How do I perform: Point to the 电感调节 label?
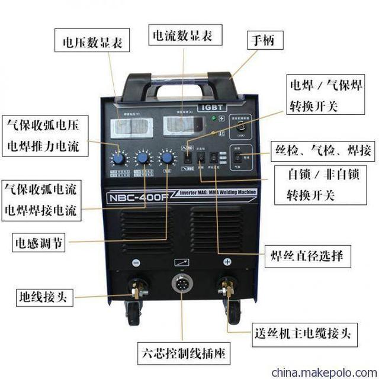coord(40,241)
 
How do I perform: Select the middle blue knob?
coord(143,158)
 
